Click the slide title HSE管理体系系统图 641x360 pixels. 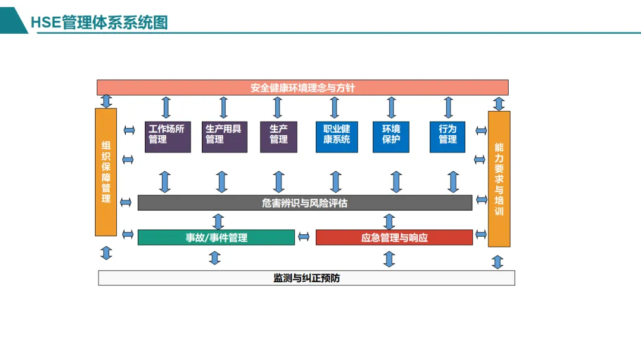99,23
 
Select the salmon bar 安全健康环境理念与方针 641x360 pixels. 303,88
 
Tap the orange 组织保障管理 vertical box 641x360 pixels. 106,172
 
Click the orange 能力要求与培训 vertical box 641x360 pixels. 499,179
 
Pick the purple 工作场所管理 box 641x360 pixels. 167,136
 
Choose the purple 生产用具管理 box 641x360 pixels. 224,136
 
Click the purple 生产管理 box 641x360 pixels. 278,136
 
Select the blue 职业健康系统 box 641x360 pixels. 337,136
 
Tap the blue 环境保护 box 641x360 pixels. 391,136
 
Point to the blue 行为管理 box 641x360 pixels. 448,136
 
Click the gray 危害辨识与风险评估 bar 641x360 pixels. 304,203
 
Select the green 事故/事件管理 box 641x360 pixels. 216,238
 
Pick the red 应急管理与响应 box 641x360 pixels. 394,238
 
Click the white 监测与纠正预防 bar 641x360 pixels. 306,278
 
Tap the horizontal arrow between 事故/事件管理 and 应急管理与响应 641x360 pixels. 304,237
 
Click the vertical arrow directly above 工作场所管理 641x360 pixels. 166,107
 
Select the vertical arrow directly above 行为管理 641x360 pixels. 448,107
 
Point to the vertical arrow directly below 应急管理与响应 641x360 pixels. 389,259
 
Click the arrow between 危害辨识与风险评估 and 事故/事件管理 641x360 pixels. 218,221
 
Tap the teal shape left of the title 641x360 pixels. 13,21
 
